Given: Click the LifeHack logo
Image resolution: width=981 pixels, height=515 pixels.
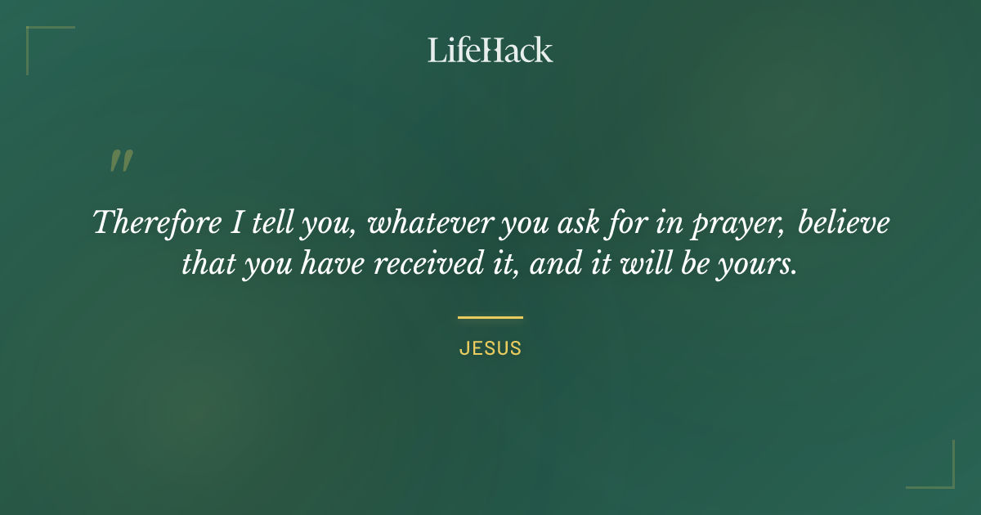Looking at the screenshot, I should click(490, 50).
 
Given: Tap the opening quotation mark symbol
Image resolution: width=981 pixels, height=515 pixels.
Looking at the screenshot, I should click(121, 161).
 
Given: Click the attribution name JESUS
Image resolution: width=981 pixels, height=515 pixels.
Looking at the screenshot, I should click(490, 348).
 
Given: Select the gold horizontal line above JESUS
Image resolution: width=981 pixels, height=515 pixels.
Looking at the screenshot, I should click(490, 317).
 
